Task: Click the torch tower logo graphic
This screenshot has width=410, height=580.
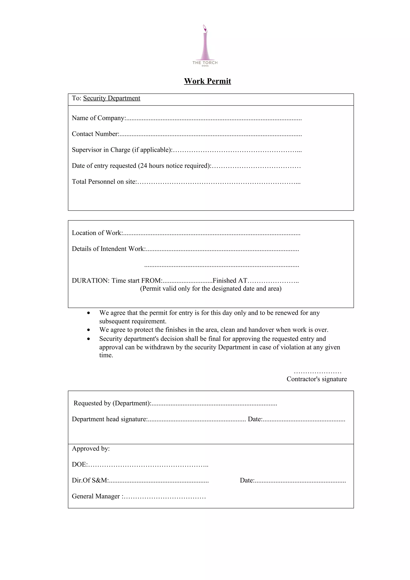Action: click(x=205, y=43)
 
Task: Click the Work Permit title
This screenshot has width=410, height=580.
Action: click(x=207, y=81)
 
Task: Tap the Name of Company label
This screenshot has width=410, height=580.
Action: click(x=98, y=118)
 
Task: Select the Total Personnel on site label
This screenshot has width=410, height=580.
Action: click(x=104, y=182)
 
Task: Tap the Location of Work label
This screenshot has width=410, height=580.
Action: click(x=97, y=233)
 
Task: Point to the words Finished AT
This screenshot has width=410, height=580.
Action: click(x=230, y=281)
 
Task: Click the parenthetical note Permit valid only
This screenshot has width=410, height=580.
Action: click(x=210, y=288)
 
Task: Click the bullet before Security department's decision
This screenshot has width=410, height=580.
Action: click(x=88, y=339)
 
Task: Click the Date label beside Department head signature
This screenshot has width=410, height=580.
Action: click(x=255, y=419)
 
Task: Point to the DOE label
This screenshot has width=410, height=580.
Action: click(x=79, y=464)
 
